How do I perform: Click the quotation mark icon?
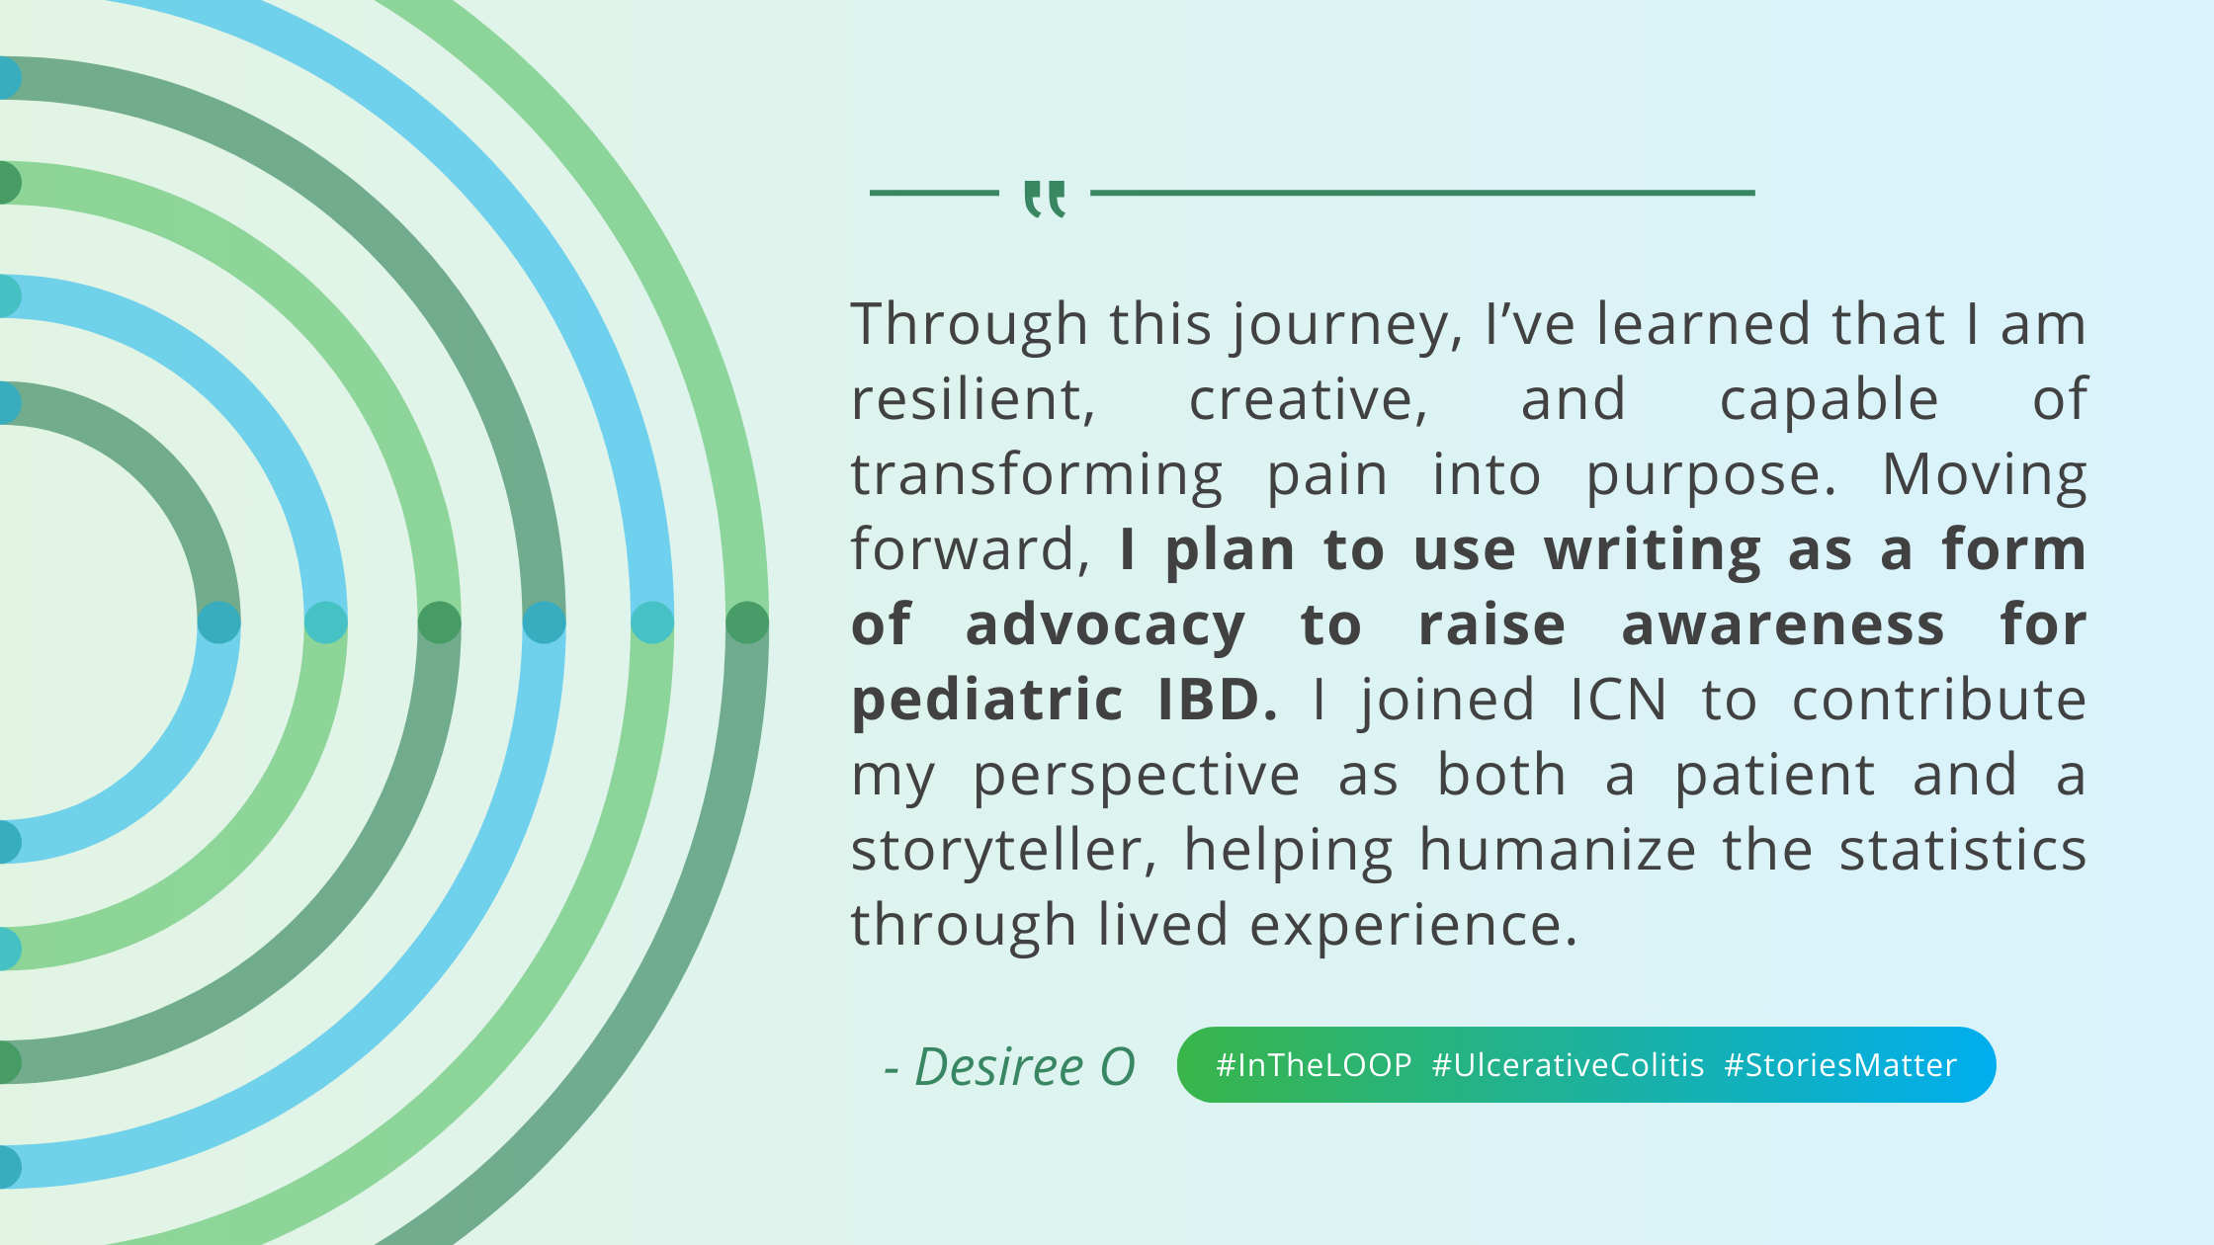point(1045,198)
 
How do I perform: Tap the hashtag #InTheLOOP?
point(1314,1065)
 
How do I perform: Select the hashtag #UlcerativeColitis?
point(1568,1065)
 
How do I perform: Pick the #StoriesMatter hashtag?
point(1840,1065)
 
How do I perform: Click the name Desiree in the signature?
point(998,1067)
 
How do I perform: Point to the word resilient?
point(973,399)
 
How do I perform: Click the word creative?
point(1308,399)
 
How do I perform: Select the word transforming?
point(1036,476)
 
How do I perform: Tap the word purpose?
point(1710,476)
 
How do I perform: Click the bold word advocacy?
point(1105,626)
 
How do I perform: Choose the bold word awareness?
point(1783,626)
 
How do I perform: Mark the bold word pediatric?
point(986,700)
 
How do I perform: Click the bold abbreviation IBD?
point(1217,700)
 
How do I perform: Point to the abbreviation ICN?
point(1618,700)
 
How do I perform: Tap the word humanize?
point(1558,850)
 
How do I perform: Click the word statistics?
point(1962,850)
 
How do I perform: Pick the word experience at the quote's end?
point(1412,925)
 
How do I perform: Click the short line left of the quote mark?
point(933,193)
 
